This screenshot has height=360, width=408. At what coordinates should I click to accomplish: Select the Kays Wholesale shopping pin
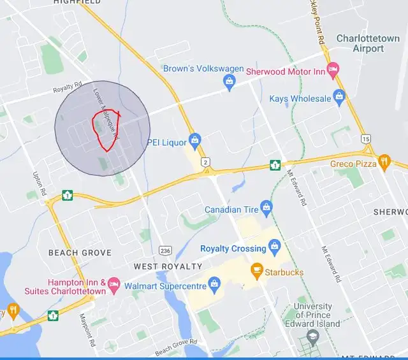pyautogui.click(x=339, y=98)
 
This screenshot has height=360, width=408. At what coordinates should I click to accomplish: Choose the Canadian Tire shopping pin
pyautogui.click(x=266, y=207)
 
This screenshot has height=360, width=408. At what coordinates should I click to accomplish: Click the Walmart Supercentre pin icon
pyautogui.click(x=215, y=282)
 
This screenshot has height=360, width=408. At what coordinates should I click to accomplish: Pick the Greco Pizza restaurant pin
pyautogui.click(x=384, y=162)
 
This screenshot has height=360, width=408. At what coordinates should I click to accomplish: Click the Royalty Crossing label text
pyautogui.click(x=233, y=248)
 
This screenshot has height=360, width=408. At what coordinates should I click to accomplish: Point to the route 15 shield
pyautogui.click(x=365, y=138)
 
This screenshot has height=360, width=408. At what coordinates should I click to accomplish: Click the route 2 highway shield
pyautogui.click(x=205, y=162)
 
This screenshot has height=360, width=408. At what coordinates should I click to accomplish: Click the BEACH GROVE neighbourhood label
pyautogui.click(x=80, y=253)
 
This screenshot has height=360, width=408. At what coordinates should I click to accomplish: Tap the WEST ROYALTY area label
pyautogui.click(x=168, y=266)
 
